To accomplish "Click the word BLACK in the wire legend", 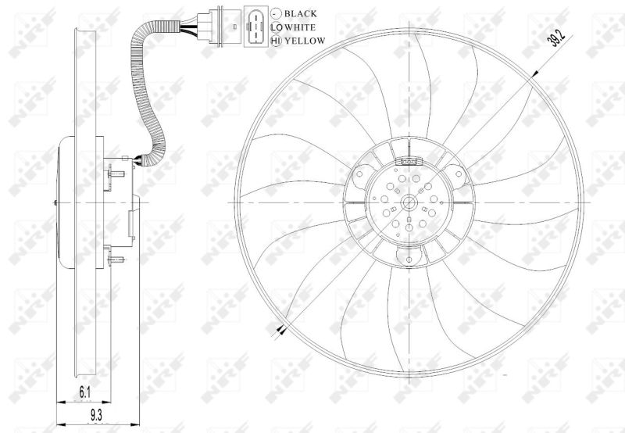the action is click(301, 13).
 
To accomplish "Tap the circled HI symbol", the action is click(276, 41).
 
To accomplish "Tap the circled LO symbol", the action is click(276, 27).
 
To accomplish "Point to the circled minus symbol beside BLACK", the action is click(276, 13).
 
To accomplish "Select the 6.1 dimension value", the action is click(85, 392).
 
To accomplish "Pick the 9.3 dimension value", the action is click(96, 416).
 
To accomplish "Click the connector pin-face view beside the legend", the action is click(255, 27).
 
